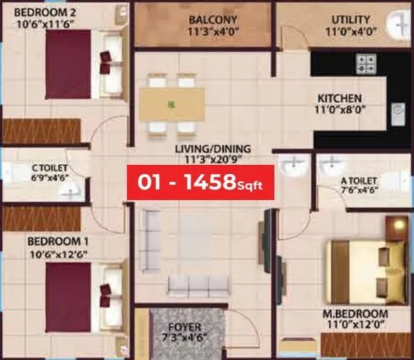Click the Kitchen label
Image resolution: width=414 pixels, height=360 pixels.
(x=339, y=98)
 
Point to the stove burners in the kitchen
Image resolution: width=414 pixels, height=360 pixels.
(x=367, y=65)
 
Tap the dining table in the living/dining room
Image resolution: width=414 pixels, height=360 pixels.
(x=171, y=104)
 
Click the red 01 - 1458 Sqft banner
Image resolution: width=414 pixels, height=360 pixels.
(x=200, y=183)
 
